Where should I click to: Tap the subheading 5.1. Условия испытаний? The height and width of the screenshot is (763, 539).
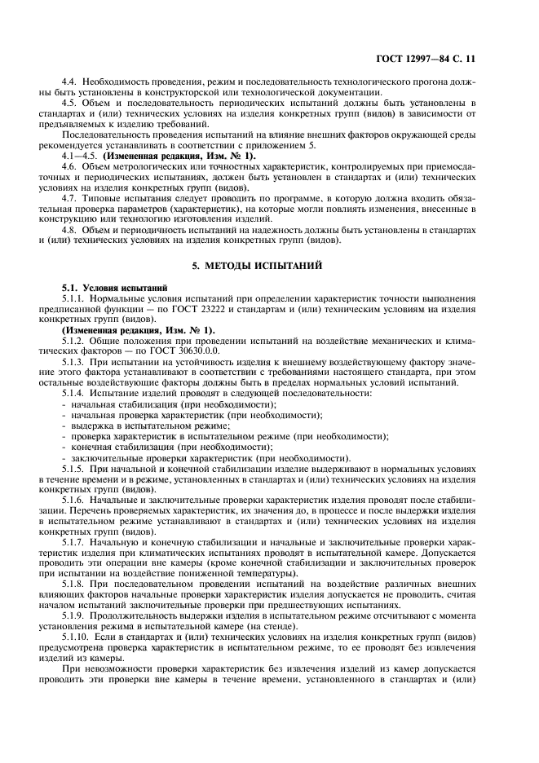point(104,288)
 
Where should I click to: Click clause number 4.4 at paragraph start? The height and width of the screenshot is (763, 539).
point(70,82)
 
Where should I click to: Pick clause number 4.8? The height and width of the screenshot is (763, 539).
point(70,229)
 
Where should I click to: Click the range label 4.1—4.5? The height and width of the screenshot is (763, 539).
point(79,155)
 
